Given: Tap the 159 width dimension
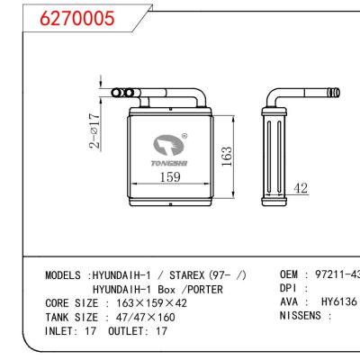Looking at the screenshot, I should coord(169,177).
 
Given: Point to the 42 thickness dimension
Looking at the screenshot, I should coord(301,188).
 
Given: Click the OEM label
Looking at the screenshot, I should coord(290,274).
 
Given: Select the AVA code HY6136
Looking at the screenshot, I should coord(339,303).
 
